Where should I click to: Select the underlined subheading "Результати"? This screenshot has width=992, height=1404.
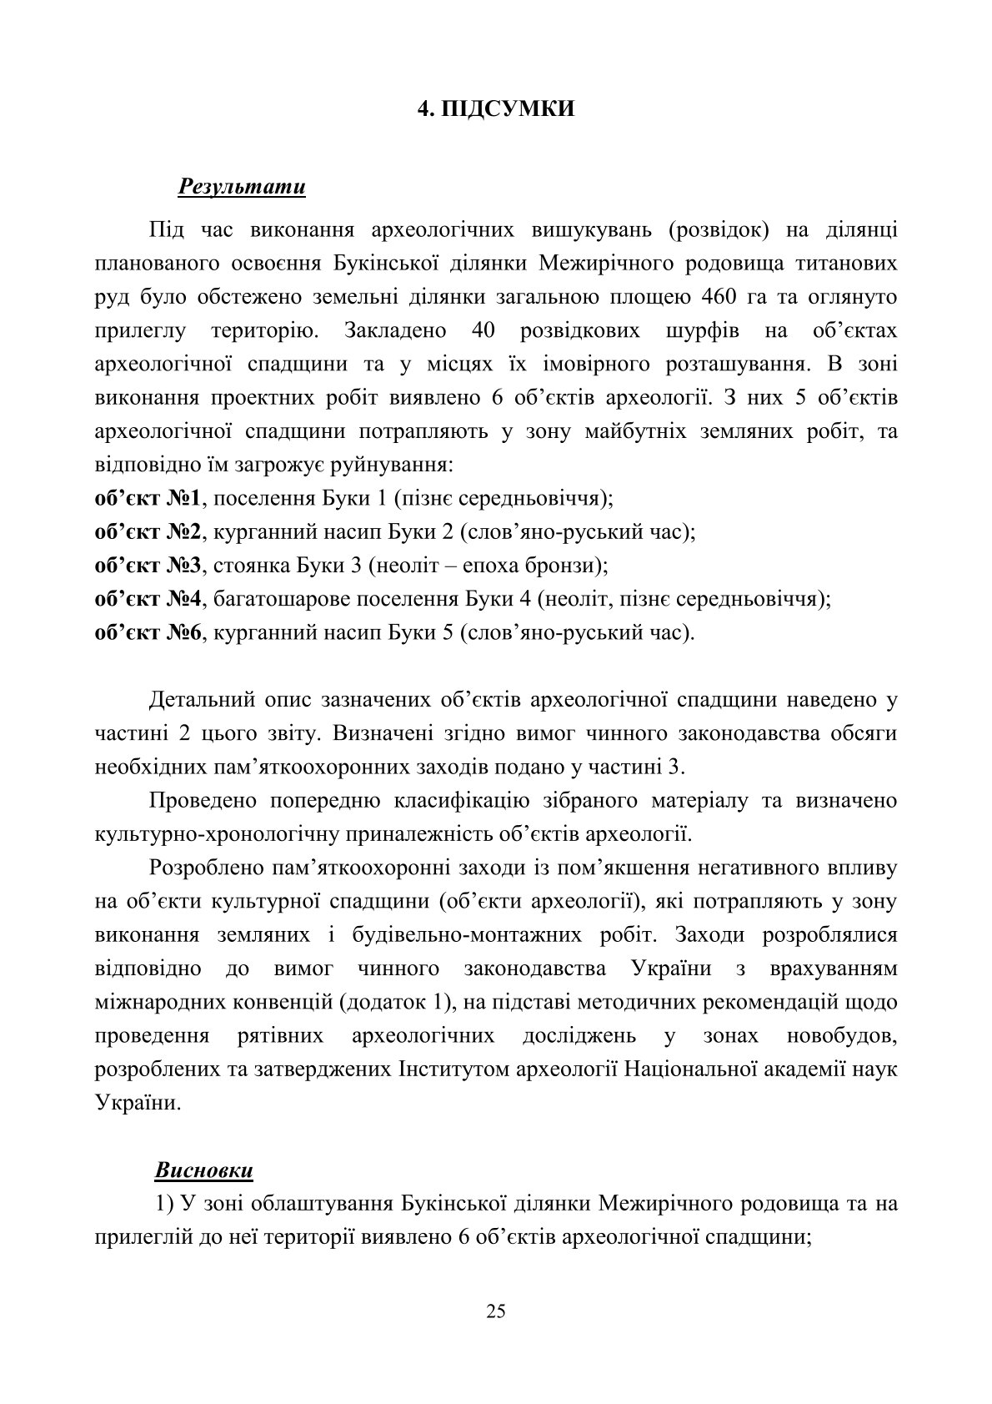pos(242,186)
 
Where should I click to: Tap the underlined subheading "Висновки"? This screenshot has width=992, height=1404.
pos(203,1170)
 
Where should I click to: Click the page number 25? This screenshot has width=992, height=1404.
pos(495,1311)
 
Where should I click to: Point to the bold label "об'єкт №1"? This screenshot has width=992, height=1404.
pos(148,499)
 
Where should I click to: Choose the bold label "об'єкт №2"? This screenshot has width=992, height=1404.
pos(148,532)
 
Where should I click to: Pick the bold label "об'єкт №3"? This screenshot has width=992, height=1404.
pos(148,566)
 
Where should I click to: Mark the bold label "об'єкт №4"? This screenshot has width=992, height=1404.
pos(148,599)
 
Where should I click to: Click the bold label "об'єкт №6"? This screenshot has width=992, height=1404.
pos(148,632)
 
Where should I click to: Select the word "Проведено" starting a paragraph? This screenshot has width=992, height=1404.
pos(208,801)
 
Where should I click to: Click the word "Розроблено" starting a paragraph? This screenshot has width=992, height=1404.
pos(212,868)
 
